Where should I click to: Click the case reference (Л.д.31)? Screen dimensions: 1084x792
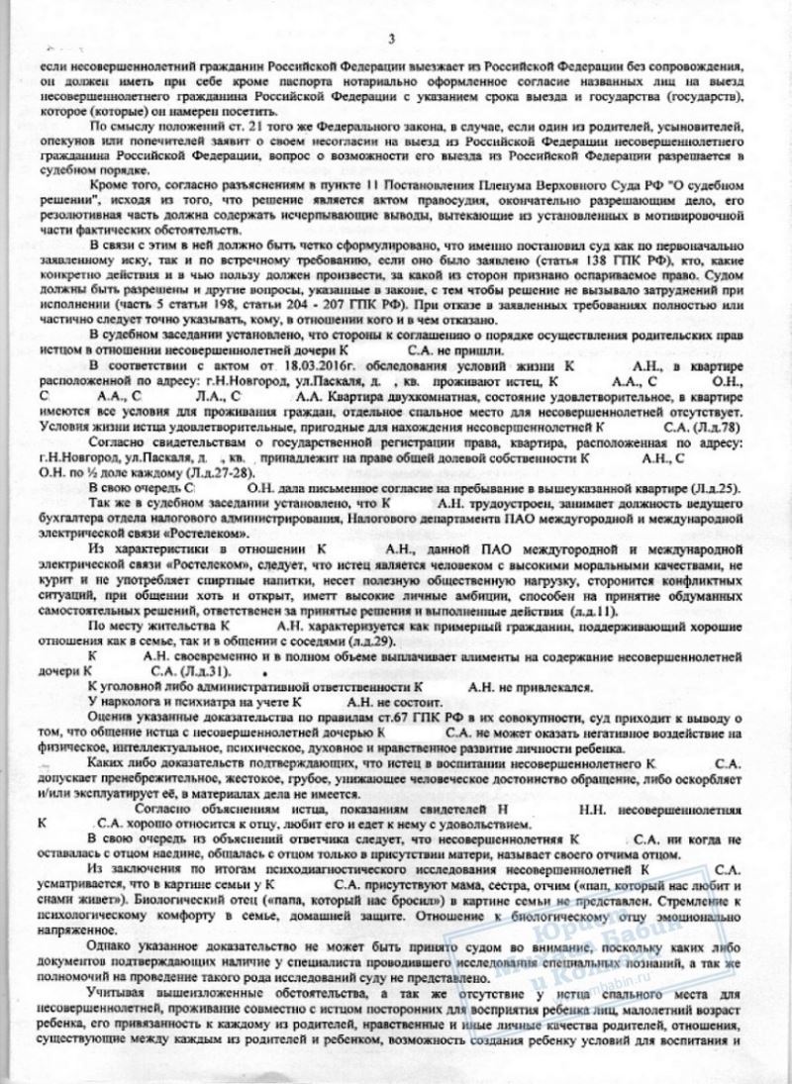pos(203,670)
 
